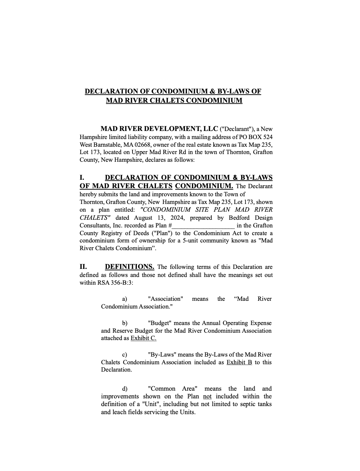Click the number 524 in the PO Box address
(268, 137)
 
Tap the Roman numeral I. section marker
(82, 178)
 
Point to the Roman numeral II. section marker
(83, 267)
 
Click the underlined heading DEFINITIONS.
(130, 267)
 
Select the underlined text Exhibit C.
(143, 338)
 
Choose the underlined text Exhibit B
(239, 362)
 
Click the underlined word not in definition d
(207, 396)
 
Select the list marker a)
(125, 299)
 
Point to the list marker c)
(125, 355)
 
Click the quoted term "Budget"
(160, 323)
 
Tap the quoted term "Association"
(166, 299)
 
